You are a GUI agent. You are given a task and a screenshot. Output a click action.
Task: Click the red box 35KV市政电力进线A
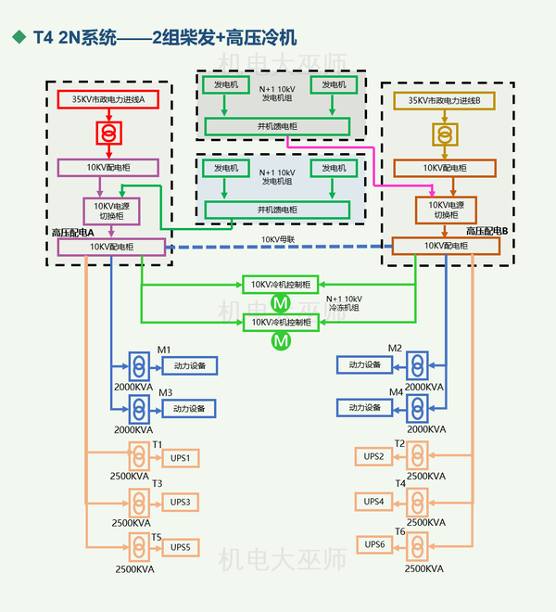108,98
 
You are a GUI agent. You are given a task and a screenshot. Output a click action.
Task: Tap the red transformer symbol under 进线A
108,134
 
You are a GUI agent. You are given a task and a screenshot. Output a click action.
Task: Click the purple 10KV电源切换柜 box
110,210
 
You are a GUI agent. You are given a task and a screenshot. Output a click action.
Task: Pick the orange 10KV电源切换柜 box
446,210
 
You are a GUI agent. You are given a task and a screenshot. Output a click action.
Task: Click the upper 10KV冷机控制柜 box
282,285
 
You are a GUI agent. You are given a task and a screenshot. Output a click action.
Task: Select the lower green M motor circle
281,342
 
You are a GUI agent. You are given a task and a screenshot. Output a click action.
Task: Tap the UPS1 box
180,458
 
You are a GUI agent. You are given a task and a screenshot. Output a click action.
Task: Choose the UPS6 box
374,544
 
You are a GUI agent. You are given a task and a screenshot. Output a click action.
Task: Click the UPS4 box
374,502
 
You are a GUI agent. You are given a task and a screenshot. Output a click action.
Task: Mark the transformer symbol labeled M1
139,364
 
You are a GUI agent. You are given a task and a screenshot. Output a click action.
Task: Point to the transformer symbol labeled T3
139,502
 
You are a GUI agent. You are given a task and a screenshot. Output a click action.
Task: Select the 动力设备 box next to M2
364,364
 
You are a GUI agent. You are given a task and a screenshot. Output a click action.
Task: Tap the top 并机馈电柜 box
277,126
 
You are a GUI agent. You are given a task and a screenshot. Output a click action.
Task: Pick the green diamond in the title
18,37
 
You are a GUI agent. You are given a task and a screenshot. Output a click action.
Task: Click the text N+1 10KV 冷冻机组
343,305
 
